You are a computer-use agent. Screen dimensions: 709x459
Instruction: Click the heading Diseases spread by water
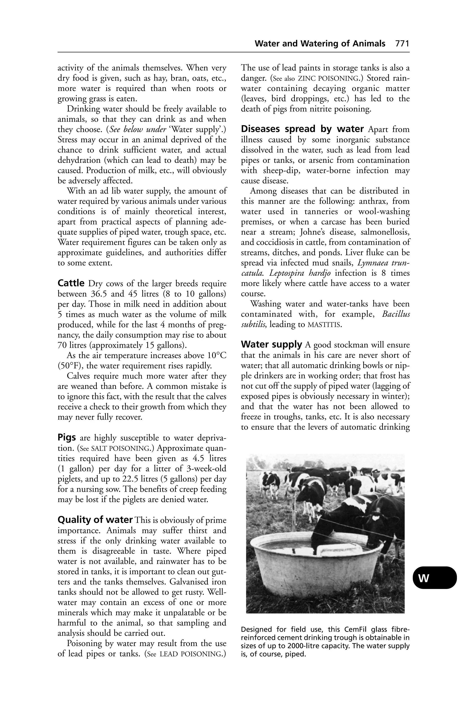point(302,129)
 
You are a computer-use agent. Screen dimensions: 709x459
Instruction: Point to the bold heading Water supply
point(271,345)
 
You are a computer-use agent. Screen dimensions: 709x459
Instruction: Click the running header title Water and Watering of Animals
point(320,44)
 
